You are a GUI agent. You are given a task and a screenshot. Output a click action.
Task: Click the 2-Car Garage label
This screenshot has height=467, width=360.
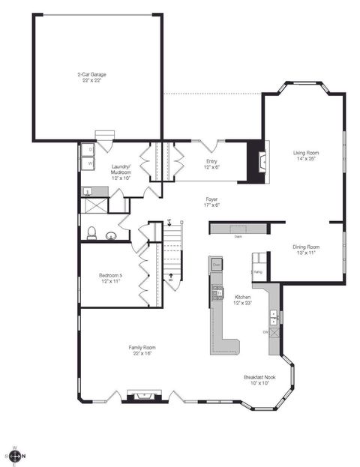tap(92, 74)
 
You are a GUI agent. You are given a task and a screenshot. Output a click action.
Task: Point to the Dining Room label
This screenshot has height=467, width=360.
tap(306, 247)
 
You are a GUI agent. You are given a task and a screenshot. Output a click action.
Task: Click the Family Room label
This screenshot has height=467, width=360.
tap(142, 347)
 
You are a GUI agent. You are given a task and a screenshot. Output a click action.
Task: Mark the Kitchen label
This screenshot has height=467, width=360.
tap(241, 298)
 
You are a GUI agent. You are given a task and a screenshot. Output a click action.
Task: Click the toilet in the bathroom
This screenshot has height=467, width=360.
tap(91, 232)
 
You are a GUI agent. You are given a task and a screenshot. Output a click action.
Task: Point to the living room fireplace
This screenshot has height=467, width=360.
tap(259, 160)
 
